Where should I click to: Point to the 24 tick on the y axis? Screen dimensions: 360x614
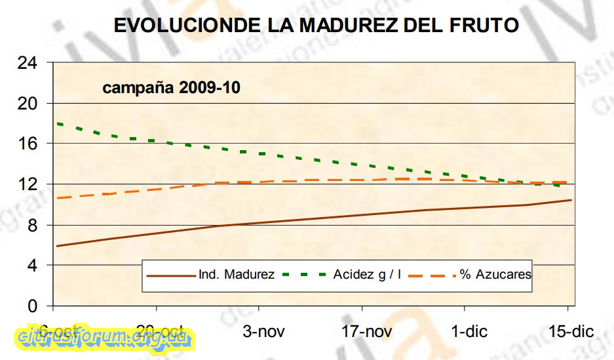[28, 63]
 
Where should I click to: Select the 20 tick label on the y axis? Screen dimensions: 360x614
[28, 104]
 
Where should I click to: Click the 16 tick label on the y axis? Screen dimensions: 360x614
[28, 144]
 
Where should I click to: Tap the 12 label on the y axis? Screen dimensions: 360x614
[28, 184]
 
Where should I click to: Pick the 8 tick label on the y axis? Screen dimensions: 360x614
[32, 225]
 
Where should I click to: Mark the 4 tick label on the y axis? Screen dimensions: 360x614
[32, 266]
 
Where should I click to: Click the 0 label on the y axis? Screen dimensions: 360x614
[32, 306]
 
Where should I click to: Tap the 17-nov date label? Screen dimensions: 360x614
[366, 332]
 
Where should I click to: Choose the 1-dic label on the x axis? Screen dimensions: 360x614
[469, 332]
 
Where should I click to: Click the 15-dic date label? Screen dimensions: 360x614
[571, 332]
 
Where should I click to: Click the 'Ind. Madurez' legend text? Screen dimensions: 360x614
[237, 275]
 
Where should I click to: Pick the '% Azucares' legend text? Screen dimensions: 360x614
[495, 275]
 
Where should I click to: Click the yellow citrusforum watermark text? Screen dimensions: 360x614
[105, 337]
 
